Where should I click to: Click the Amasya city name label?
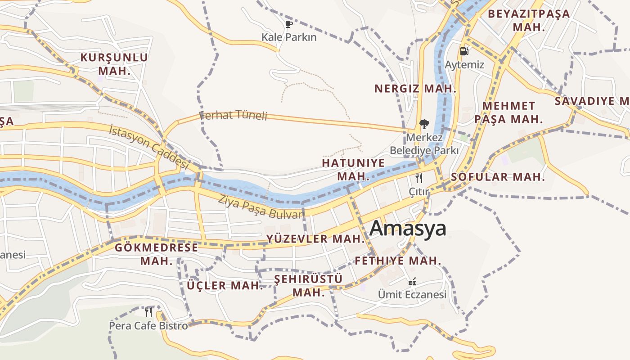(408, 228)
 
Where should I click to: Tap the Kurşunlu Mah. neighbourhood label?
(114, 64)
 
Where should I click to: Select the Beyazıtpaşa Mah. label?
(529, 20)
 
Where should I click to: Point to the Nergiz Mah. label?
(415, 89)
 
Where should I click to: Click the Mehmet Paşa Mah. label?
(508, 112)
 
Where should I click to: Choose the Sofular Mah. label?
(498, 177)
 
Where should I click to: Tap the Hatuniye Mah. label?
(353, 169)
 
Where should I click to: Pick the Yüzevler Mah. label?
(315, 239)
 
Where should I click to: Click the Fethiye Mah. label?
(398, 261)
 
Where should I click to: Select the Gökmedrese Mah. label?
(156, 254)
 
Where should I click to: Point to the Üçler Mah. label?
(225, 285)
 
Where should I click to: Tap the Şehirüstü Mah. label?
(309, 285)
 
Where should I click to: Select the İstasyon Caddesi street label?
(148, 147)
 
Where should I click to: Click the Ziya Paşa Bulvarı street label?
(261, 207)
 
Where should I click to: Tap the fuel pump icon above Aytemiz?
(464, 51)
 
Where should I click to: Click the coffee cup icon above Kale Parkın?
(289, 24)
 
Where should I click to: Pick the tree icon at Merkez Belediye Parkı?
(424, 124)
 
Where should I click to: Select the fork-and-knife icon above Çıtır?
(419, 178)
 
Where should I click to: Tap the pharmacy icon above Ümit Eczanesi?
(412, 282)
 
